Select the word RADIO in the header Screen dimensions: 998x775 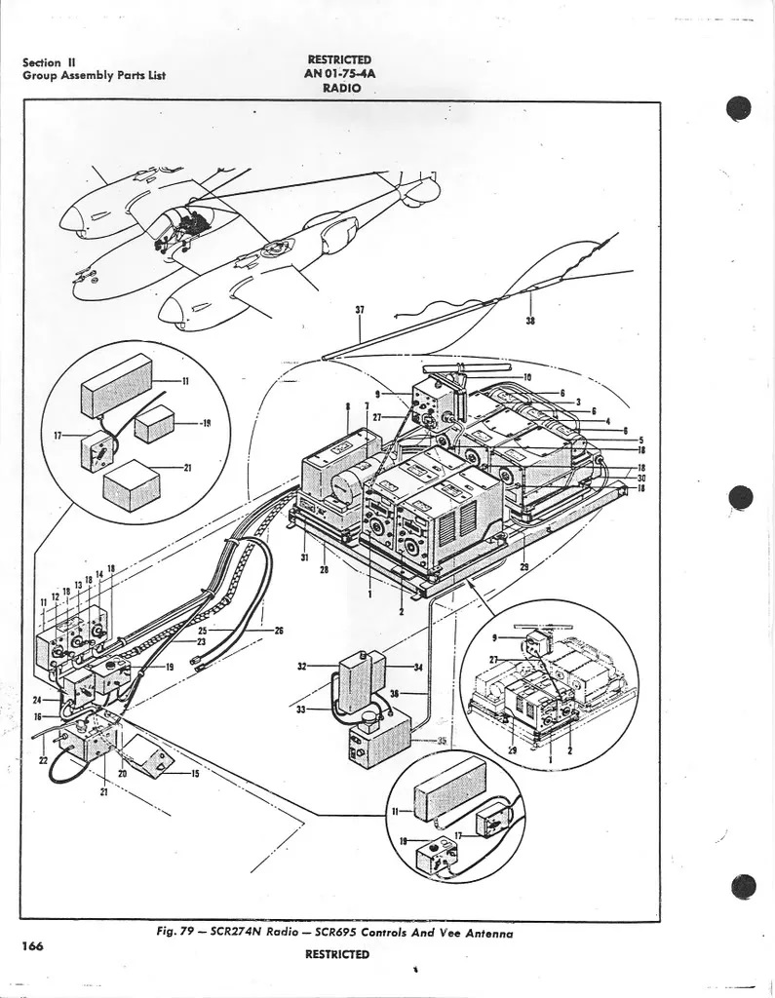tap(341, 88)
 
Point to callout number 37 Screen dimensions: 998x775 tap(360, 311)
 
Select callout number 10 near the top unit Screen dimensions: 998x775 tap(527, 376)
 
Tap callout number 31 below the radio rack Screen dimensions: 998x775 tap(305, 557)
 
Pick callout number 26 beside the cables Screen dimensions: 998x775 tap(278, 631)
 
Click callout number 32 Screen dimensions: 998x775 tap(302, 666)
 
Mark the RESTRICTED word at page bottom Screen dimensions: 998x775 tap(336, 954)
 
